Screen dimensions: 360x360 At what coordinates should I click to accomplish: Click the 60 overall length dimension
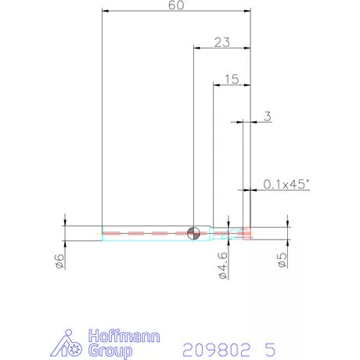click(x=176, y=5)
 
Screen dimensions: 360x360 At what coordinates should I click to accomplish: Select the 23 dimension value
click(x=222, y=42)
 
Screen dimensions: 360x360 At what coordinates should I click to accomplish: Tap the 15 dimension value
click(x=232, y=79)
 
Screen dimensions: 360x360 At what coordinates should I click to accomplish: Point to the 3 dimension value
click(x=268, y=117)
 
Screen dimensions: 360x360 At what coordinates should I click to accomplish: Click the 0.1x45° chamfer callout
click(x=286, y=184)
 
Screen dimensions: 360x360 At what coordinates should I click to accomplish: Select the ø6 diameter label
click(x=59, y=261)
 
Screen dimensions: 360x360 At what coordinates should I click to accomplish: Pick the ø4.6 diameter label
click(x=223, y=265)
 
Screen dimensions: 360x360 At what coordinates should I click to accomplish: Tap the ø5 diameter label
click(x=283, y=260)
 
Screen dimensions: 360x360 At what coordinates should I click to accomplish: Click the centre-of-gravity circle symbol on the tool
click(x=193, y=233)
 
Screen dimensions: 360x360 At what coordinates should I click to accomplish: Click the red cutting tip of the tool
click(x=247, y=233)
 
